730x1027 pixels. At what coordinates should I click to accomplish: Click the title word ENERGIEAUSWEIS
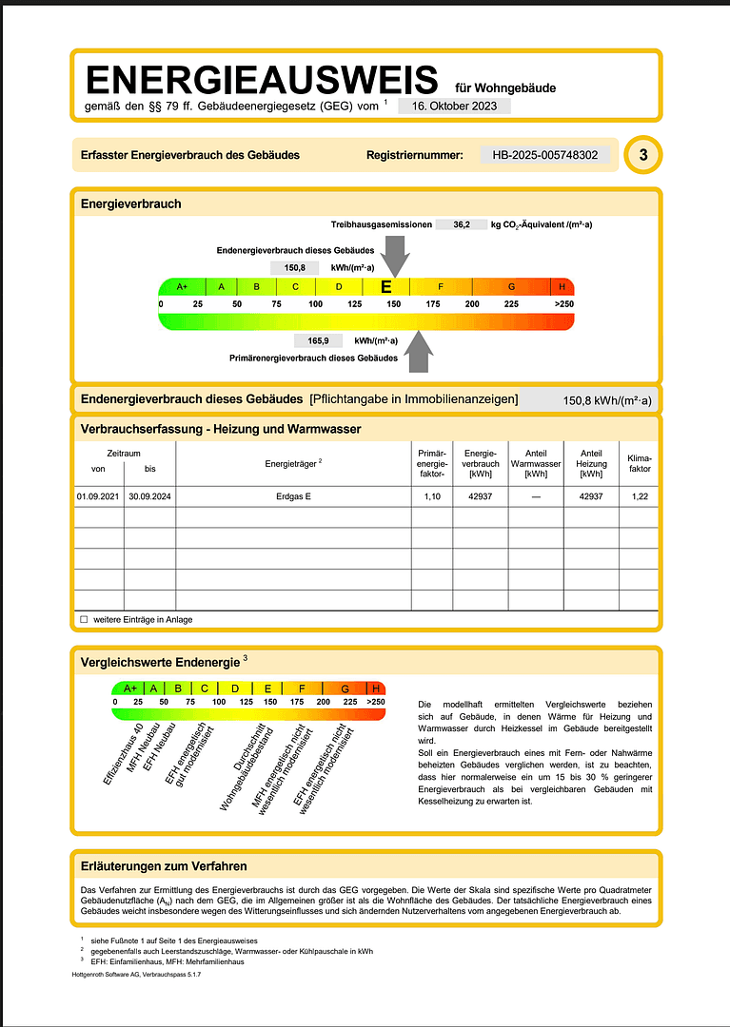[x=262, y=79]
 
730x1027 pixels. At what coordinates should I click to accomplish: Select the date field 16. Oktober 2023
[x=454, y=107]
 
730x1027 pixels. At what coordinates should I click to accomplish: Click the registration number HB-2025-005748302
[x=545, y=155]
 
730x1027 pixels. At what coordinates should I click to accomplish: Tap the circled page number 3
[x=643, y=155]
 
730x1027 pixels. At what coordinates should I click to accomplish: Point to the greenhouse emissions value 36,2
[x=462, y=224]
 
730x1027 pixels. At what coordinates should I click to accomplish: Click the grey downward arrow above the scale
[x=395, y=254]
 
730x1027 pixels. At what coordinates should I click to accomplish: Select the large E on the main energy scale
[x=385, y=286]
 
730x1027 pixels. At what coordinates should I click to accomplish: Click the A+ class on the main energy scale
[x=182, y=286]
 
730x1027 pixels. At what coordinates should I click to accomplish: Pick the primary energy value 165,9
[x=318, y=340]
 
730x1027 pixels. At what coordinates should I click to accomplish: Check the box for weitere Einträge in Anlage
[x=84, y=619]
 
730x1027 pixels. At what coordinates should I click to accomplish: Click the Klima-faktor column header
[x=640, y=463]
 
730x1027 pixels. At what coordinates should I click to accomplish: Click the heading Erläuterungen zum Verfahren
[x=164, y=866]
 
